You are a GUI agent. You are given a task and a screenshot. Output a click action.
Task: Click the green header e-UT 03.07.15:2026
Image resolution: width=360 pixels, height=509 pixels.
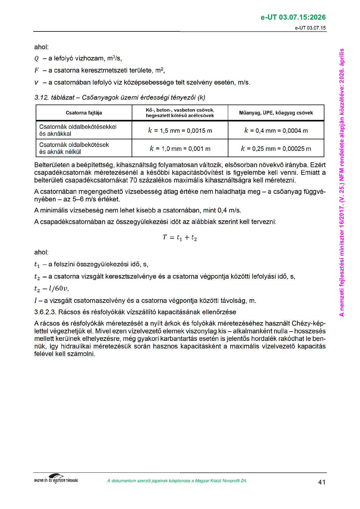pos(293,17)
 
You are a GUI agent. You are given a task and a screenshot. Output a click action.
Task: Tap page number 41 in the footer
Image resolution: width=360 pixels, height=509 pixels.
pos(322,482)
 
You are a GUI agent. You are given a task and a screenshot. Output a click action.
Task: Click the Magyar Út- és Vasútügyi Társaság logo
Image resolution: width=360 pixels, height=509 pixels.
pos(56,479)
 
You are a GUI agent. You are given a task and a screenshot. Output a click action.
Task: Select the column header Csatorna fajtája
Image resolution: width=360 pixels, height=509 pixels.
pos(84,113)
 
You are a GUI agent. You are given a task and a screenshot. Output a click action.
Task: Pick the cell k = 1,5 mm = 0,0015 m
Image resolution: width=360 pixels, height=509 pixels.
pos(180,131)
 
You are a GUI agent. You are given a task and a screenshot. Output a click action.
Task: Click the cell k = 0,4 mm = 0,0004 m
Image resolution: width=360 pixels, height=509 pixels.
pos(276,131)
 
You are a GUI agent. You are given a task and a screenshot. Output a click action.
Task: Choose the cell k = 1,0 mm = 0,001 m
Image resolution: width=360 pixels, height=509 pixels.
pos(180,148)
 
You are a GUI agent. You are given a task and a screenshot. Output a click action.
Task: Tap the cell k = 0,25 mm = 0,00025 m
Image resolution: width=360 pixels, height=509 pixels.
pos(276,148)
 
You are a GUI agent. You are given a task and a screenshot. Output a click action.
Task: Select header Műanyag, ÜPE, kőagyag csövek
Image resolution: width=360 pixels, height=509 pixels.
pos(276,113)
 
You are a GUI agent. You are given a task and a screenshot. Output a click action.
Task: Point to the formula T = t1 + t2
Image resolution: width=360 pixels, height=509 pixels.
pos(180,238)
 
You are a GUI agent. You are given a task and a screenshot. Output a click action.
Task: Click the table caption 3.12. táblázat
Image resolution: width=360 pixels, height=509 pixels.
pos(54,98)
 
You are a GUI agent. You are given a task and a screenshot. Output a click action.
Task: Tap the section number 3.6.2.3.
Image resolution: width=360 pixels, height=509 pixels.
pos(45,312)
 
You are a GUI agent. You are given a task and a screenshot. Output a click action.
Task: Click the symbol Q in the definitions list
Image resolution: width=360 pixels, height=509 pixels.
pos(37,59)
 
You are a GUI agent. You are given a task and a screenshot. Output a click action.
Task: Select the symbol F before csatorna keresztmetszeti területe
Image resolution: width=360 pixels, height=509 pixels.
pos(37,70)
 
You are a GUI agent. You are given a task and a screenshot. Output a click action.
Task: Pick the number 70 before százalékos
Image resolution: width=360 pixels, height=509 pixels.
pos(133,180)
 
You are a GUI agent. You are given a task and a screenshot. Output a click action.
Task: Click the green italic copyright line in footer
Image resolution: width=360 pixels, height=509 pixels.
pos(177,481)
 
